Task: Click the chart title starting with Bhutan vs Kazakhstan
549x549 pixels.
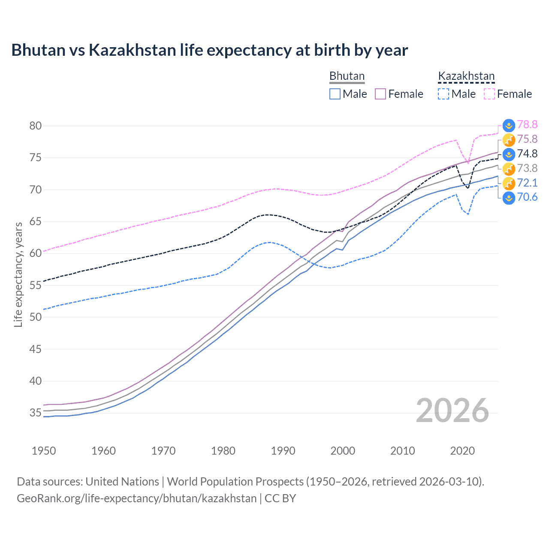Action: click(x=209, y=50)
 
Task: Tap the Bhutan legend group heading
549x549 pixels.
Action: click(x=347, y=76)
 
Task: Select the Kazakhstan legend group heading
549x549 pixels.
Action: click(x=466, y=76)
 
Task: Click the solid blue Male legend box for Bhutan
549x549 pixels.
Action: click(x=335, y=94)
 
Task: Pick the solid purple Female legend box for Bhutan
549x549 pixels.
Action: click(x=380, y=94)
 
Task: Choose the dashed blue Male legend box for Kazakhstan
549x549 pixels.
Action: click(x=443, y=94)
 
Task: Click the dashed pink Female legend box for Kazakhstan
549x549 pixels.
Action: click(x=489, y=94)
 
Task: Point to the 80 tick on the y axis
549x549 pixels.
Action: click(x=36, y=126)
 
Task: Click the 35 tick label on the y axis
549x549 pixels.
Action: click(x=36, y=413)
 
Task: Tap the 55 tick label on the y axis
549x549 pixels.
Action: click(x=36, y=285)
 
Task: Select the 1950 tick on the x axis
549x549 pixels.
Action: click(x=44, y=451)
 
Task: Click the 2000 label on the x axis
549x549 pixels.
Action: click(x=343, y=451)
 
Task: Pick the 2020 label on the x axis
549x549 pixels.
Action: click(x=462, y=451)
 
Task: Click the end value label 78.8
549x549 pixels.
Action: click(x=527, y=124)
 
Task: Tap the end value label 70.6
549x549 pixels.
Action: click(x=527, y=197)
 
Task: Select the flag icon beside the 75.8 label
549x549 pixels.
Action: click(x=509, y=139)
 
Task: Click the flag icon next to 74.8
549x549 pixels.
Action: click(x=509, y=154)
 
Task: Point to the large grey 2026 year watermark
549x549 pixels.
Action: click(x=452, y=410)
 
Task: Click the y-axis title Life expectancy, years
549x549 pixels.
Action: click(x=18, y=274)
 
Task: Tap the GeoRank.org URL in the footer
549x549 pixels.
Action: click(x=136, y=498)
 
